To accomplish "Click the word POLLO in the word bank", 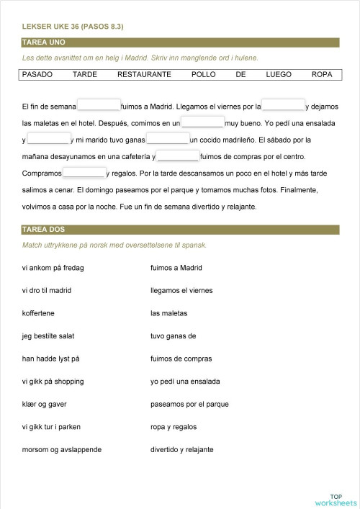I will tap(204, 74).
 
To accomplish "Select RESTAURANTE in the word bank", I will tap(144, 74).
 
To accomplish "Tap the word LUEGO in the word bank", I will tap(279, 74).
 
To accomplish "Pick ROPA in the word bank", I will tap(322, 74).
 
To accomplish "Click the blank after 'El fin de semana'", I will tap(98, 105).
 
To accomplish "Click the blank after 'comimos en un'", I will tap(202, 122).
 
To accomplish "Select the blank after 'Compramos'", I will tap(84, 173).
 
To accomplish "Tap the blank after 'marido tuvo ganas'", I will tap(168, 139).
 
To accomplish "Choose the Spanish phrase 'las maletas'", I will tap(168, 313).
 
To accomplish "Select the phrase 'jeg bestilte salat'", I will tap(49, 336).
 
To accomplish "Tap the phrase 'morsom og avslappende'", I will tap(62, 449).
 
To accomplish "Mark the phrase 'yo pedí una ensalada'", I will tap(185, 382).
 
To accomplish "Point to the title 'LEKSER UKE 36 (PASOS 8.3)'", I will tap(73, 27).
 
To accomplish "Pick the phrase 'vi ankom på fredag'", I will tap(53, 268).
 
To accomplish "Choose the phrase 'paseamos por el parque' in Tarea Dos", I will tap(189, 404).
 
